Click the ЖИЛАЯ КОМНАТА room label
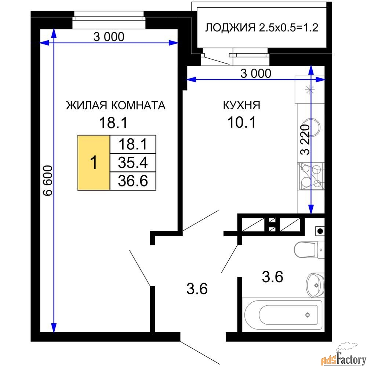(x=116, y=106)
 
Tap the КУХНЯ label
(x=241, y=106)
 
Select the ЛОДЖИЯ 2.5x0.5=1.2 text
(x=261, y=28)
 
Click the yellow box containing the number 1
(x=94, y=162)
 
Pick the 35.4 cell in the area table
(x=133, y=162)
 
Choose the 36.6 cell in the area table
(x=133, y=181)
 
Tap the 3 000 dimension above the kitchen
(x=255, y=73)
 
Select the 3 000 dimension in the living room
(x=109, y=37)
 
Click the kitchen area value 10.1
(x=241, y=122)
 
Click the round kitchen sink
(x=311, y=127)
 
